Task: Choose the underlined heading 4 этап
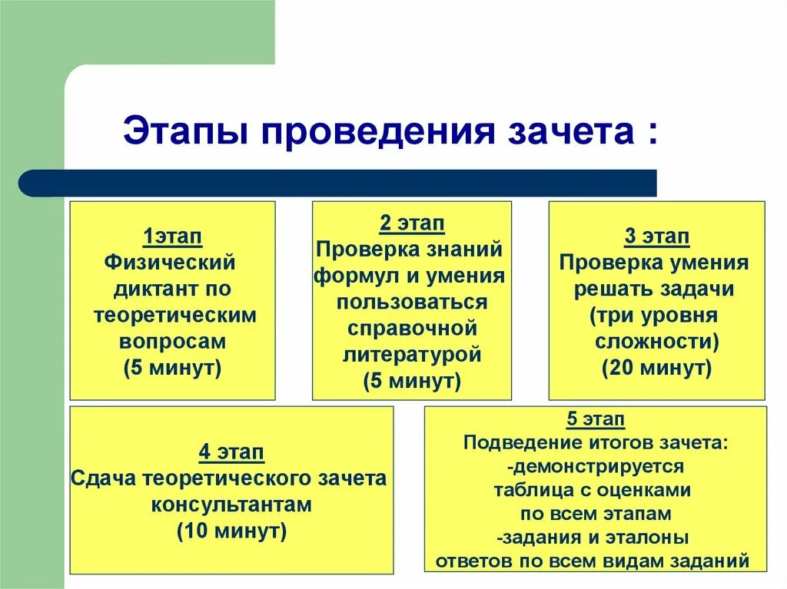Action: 231,452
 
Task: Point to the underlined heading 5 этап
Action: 595,419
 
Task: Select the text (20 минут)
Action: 656,368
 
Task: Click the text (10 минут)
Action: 231,531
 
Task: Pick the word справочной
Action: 413,329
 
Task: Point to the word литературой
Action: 411,355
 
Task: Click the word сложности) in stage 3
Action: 656,342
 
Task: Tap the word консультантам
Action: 231,505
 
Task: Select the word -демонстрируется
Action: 595,466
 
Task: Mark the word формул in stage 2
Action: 347,276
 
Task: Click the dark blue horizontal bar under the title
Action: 338,183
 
